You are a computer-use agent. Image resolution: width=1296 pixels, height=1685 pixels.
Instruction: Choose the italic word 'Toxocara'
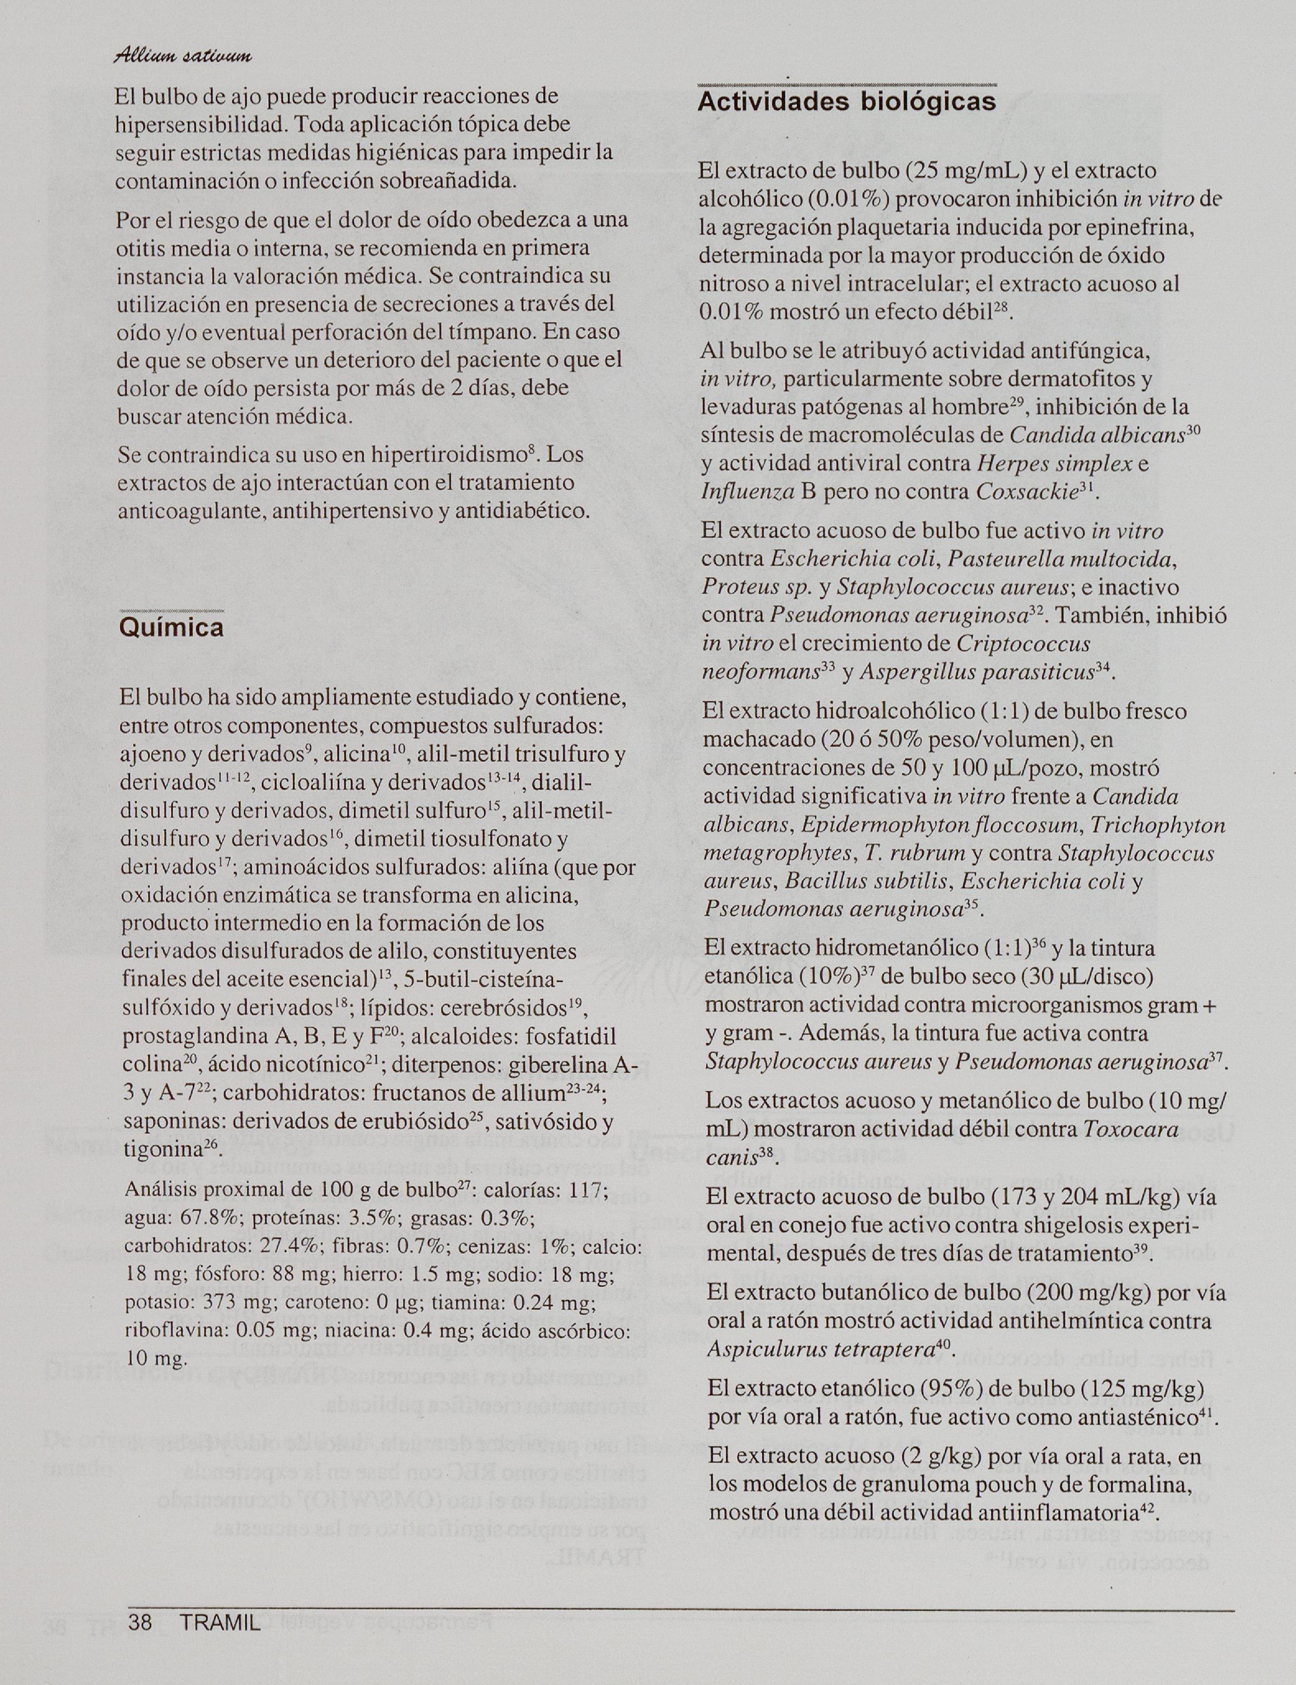click(1131, 1130)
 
